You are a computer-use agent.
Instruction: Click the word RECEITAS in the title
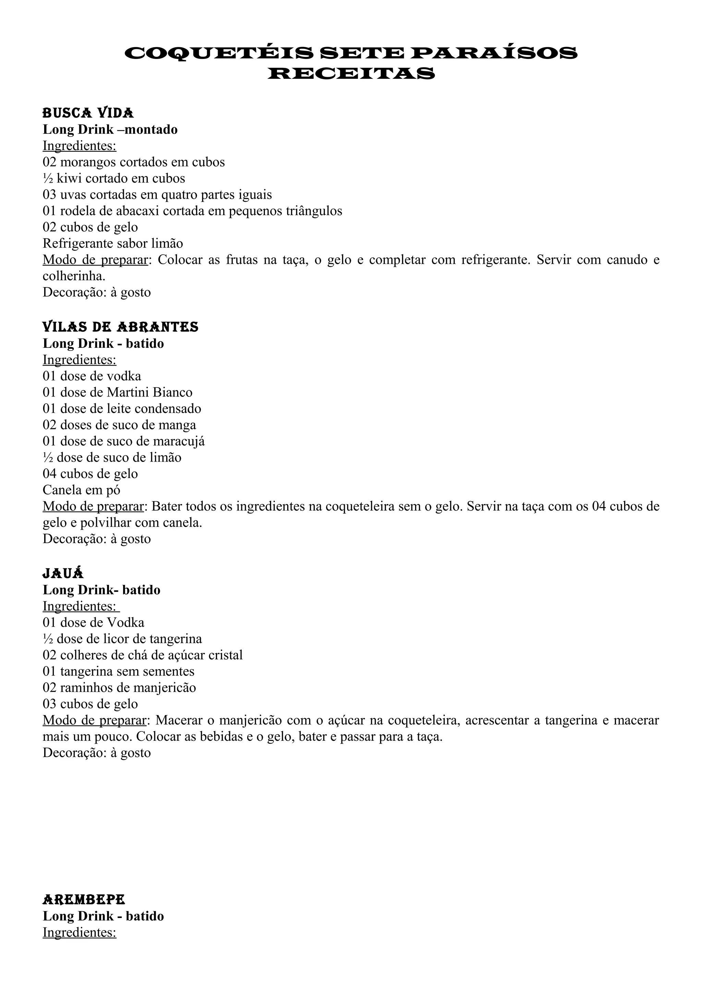coord(351,74)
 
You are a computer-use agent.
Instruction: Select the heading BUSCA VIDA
coord(88,113)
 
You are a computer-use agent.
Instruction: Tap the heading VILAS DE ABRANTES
coord(120,327)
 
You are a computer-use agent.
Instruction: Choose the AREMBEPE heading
coord(84,899)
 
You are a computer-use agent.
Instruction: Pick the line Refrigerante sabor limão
coord(112,244)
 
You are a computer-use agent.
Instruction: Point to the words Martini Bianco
coord(149,392)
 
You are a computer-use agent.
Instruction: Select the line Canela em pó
coord(81,490)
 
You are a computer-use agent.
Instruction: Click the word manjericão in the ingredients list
coord(167,688)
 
